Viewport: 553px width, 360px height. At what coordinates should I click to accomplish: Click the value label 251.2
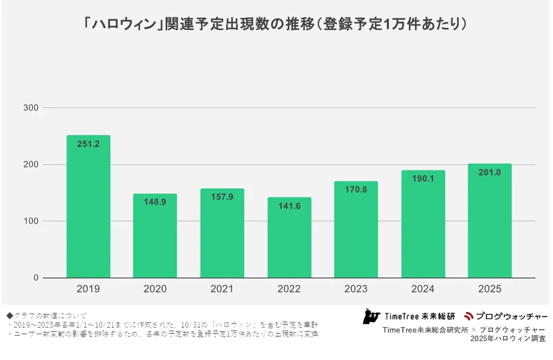(88, 144)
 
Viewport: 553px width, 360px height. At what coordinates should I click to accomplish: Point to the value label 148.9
(155, 202)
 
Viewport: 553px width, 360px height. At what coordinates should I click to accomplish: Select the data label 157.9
(222, 197)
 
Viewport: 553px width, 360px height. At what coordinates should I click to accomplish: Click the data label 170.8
(355, 190)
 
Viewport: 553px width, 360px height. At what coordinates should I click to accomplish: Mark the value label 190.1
(423, 179)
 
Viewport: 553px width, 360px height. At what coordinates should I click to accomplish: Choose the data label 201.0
(489, 172)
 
